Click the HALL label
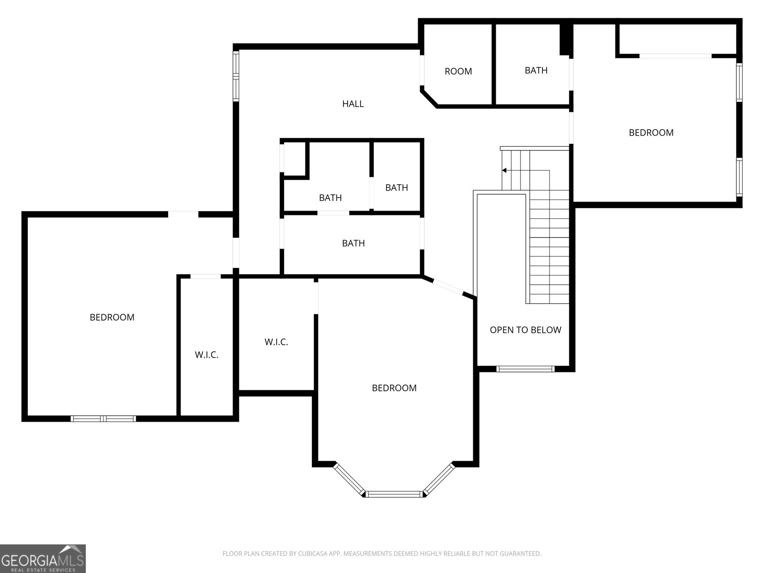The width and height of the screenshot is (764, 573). (353, 104)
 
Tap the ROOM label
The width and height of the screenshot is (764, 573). (458, 72)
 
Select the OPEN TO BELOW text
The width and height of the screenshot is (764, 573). (525, 330)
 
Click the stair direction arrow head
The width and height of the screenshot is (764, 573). (504, 170)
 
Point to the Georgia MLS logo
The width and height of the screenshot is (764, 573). (43, 559)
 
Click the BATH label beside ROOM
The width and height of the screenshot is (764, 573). (536, 71)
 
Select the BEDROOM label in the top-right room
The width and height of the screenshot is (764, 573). (651, 133)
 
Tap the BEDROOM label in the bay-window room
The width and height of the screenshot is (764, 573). (394, 388)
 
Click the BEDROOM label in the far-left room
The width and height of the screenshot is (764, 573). (112, 318)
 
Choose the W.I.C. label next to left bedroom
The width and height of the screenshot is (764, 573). (206, 355)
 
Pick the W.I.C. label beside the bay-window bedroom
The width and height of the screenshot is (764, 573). (276, 342)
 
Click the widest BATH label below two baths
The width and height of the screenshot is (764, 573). (353, 244)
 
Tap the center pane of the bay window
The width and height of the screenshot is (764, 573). (395, 494)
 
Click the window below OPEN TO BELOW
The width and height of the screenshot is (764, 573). (525, 369)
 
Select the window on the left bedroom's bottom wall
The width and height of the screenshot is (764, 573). (103, 419)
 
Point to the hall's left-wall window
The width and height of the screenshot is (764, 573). (235, 75)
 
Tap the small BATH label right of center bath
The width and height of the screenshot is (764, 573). (396, 188)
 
